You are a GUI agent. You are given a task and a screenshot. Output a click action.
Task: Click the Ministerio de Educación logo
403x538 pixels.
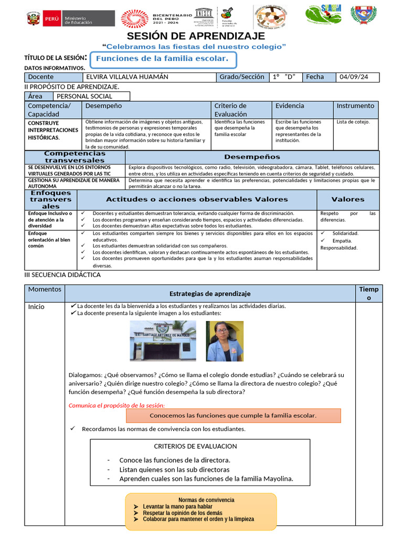pyautogui.click(x=59, y=19)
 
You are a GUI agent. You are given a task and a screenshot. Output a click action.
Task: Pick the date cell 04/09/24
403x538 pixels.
pyautogui.click(x=354, y=77)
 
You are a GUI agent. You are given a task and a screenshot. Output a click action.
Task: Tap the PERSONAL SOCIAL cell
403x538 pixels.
pyautogui.click(x=84, y=96)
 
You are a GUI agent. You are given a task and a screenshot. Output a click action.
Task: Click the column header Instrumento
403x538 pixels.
pyautogui.click(x=355, y=106)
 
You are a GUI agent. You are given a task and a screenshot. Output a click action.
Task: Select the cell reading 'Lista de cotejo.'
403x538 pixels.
pyautogui.click(x=353, y=122)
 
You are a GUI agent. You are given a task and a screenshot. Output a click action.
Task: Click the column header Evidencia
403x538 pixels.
pyautogui.click(x=290, y=106)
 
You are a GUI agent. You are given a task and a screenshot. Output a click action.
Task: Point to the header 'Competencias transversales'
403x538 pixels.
pyautogui.click(x=75, y=157)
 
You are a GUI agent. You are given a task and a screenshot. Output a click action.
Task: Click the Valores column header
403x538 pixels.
pyautogui.click(x=347, y=199)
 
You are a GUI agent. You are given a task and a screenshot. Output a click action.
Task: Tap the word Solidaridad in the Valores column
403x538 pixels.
pyautogui.click(x=345, y=233)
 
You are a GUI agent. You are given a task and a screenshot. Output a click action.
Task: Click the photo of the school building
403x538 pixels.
pyautogui.click(x=163, y=341)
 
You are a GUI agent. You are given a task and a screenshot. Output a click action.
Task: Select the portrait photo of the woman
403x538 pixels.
pyautogui.click(x=225, y=341)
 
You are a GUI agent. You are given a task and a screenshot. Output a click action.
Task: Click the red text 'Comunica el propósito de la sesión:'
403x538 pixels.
pyautogui.click(x=116, y=405)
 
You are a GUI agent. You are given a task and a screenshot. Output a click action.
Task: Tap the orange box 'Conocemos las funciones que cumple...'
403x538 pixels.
pyautogui.click(x=233, y=416)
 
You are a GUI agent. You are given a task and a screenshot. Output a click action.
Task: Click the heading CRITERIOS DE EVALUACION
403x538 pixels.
pyautogui.click(x=195, y=446)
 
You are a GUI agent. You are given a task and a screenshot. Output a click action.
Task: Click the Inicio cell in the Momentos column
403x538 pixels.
pyautogui.click(x=36, y=307)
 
